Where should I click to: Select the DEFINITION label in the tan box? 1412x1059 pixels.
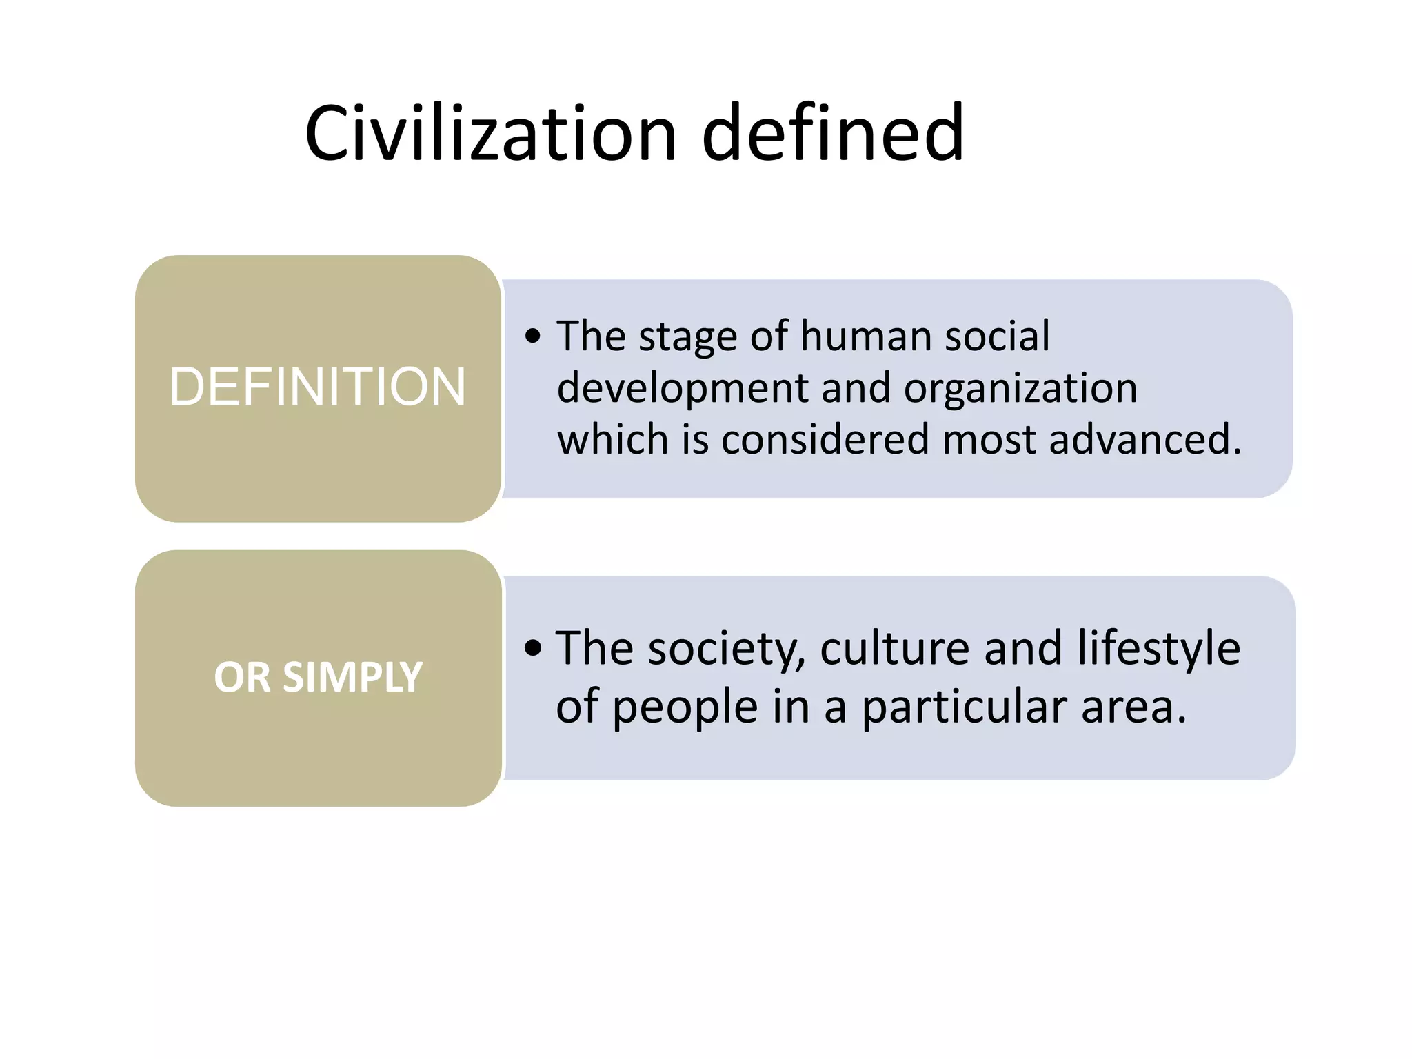tap(318, 387)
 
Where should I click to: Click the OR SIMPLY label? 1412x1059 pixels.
tap(318, 677)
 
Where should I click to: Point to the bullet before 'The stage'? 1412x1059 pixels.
tap(533, 336)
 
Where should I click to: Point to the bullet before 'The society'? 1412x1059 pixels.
tap(533, 648)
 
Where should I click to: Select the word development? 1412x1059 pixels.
tap(682, 388)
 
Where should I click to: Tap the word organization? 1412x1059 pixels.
tap(1020, 388)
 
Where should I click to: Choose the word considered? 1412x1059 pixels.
tap(825, 439)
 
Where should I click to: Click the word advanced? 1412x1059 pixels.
tap(1144, 439)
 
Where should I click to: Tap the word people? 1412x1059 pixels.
tap(685, 708)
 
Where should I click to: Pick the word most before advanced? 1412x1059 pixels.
tap(989, 439)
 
